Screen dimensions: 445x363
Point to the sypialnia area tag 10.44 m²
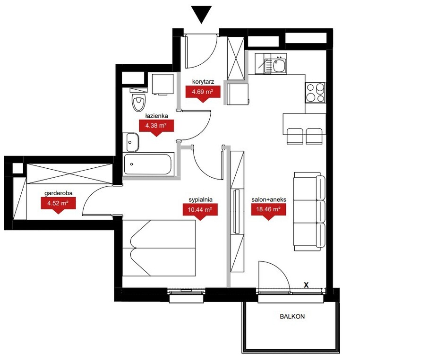[200, 211]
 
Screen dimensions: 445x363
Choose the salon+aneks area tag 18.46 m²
[268, 211]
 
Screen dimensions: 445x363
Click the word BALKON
[292, 316]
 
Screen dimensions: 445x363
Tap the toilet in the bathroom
[139, 100]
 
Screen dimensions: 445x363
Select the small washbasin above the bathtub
[133, 142]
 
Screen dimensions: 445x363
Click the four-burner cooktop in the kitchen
[315, 93]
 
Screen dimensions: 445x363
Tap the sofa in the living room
[309, 211]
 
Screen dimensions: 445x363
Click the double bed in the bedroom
[159, 248]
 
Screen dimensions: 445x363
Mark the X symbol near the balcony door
[306, 285]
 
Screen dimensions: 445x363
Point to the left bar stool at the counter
[295, 136]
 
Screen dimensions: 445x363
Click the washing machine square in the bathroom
[163, 84]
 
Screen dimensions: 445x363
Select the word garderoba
[59, 193]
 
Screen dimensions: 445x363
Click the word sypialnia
[201, 199]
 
